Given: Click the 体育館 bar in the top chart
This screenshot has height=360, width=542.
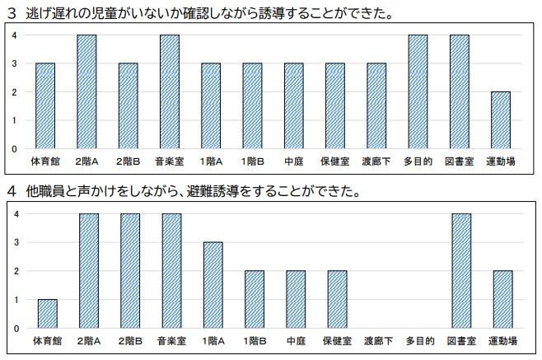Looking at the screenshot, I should coord(44,106).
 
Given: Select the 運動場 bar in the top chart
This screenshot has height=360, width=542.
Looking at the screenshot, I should coord(501,120).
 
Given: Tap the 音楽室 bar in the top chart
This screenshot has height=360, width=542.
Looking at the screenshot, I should coord(169,92).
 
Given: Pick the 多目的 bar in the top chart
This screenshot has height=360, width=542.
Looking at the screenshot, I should coord(418,92).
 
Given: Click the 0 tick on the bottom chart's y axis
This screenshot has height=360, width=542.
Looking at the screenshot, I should coord(14,328).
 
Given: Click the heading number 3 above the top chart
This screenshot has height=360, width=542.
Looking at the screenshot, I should coord(12,12).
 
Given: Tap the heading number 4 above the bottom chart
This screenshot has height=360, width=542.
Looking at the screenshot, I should coord(12,192).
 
